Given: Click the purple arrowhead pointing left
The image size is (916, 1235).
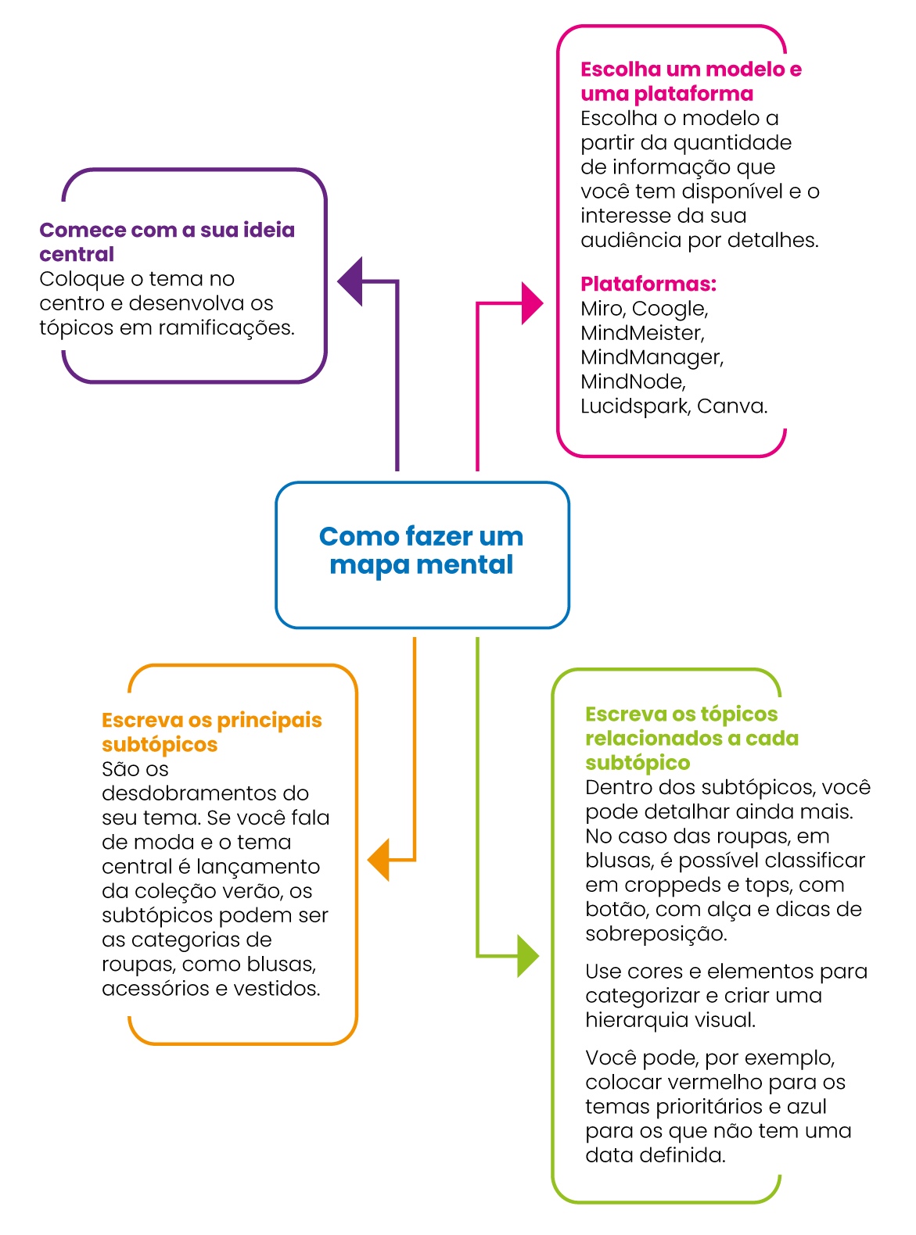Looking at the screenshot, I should coord(351,281).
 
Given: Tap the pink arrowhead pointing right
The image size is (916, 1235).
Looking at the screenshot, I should coord(531,303).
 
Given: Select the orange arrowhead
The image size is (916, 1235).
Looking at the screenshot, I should coord(380,860).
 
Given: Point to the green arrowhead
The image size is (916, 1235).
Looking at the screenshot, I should coord(527,956).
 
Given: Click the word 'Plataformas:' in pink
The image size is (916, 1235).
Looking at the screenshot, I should coord(648,284).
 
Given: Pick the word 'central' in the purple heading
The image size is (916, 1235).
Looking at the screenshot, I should coord(77,254).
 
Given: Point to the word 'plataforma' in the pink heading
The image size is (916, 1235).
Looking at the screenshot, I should coord(694,94).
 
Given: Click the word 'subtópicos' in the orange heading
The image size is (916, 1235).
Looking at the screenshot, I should coord(160,745).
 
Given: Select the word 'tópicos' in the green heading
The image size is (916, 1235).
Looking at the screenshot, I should coord(739,714).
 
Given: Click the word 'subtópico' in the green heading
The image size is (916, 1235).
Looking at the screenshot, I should coord(638,763).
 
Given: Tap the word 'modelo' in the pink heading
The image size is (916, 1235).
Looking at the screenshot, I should coord(745,70).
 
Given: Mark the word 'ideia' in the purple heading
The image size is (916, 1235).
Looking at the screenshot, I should coord(269,230).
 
